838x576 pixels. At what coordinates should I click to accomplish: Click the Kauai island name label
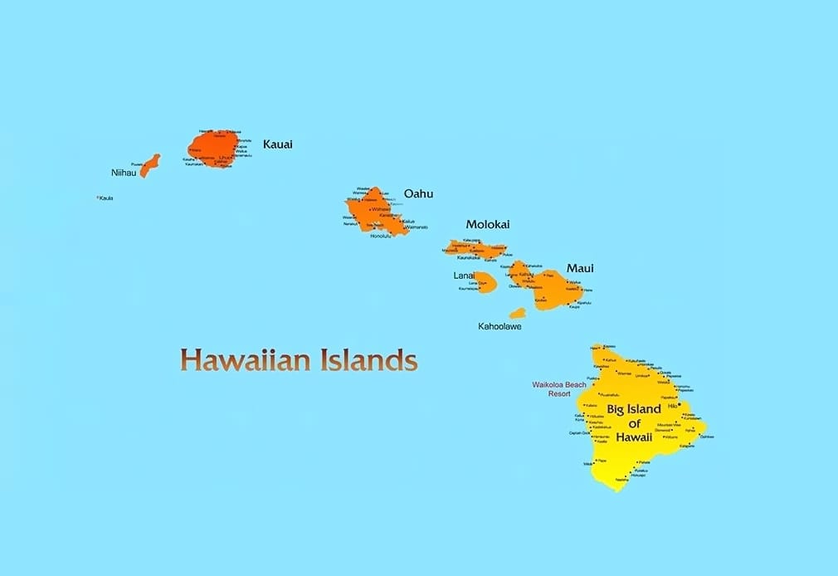click(x=277, y=144)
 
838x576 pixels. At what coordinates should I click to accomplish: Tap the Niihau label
click(x=124, y=173)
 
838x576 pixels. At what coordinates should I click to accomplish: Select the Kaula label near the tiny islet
click(x=106, y=198)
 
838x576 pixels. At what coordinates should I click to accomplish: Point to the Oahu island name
click(x=418, y=194)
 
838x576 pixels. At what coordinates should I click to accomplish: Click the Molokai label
click(x=487, y=224)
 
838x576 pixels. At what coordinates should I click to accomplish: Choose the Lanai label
click(x=464, y=275)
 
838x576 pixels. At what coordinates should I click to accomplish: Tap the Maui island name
click(x=580, y=268)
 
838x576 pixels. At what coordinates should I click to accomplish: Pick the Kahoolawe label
click(x=499, y=326)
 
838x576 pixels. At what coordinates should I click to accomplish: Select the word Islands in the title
click(x=367, y=360)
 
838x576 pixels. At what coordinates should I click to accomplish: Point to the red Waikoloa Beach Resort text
click(x=558, y=388)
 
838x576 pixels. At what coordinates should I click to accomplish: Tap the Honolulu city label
click(x=380, y=237)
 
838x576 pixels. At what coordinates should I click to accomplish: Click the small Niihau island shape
click(x=150, y=164)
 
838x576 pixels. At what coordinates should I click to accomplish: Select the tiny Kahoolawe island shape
click(x=517, y=314)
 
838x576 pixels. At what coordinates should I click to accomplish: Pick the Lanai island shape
click(x=485, y=283)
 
